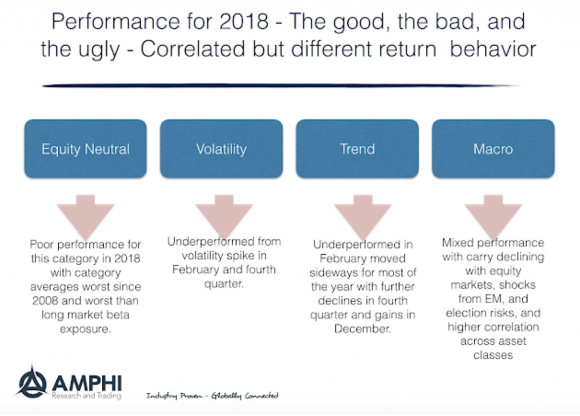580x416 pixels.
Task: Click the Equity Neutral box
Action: tap(86, 149)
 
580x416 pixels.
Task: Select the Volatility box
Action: tap(221, 149)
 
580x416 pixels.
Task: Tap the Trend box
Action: tap(357, 149)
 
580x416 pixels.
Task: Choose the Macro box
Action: tap(493, 149)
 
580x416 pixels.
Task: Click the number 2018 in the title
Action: tap(244, 22)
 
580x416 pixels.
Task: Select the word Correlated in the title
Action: tap(193, 49)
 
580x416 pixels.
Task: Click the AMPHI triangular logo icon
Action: tap(32, 383)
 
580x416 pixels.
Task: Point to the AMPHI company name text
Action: tap(87, 383)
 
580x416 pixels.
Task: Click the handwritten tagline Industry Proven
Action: tap(174, 396)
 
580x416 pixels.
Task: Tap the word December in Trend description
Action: tap(362, 329)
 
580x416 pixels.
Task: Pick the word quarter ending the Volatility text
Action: tap(224, 284)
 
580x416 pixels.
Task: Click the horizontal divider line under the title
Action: tap(281, 85)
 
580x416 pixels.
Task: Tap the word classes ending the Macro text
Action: tap(493, 355)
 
